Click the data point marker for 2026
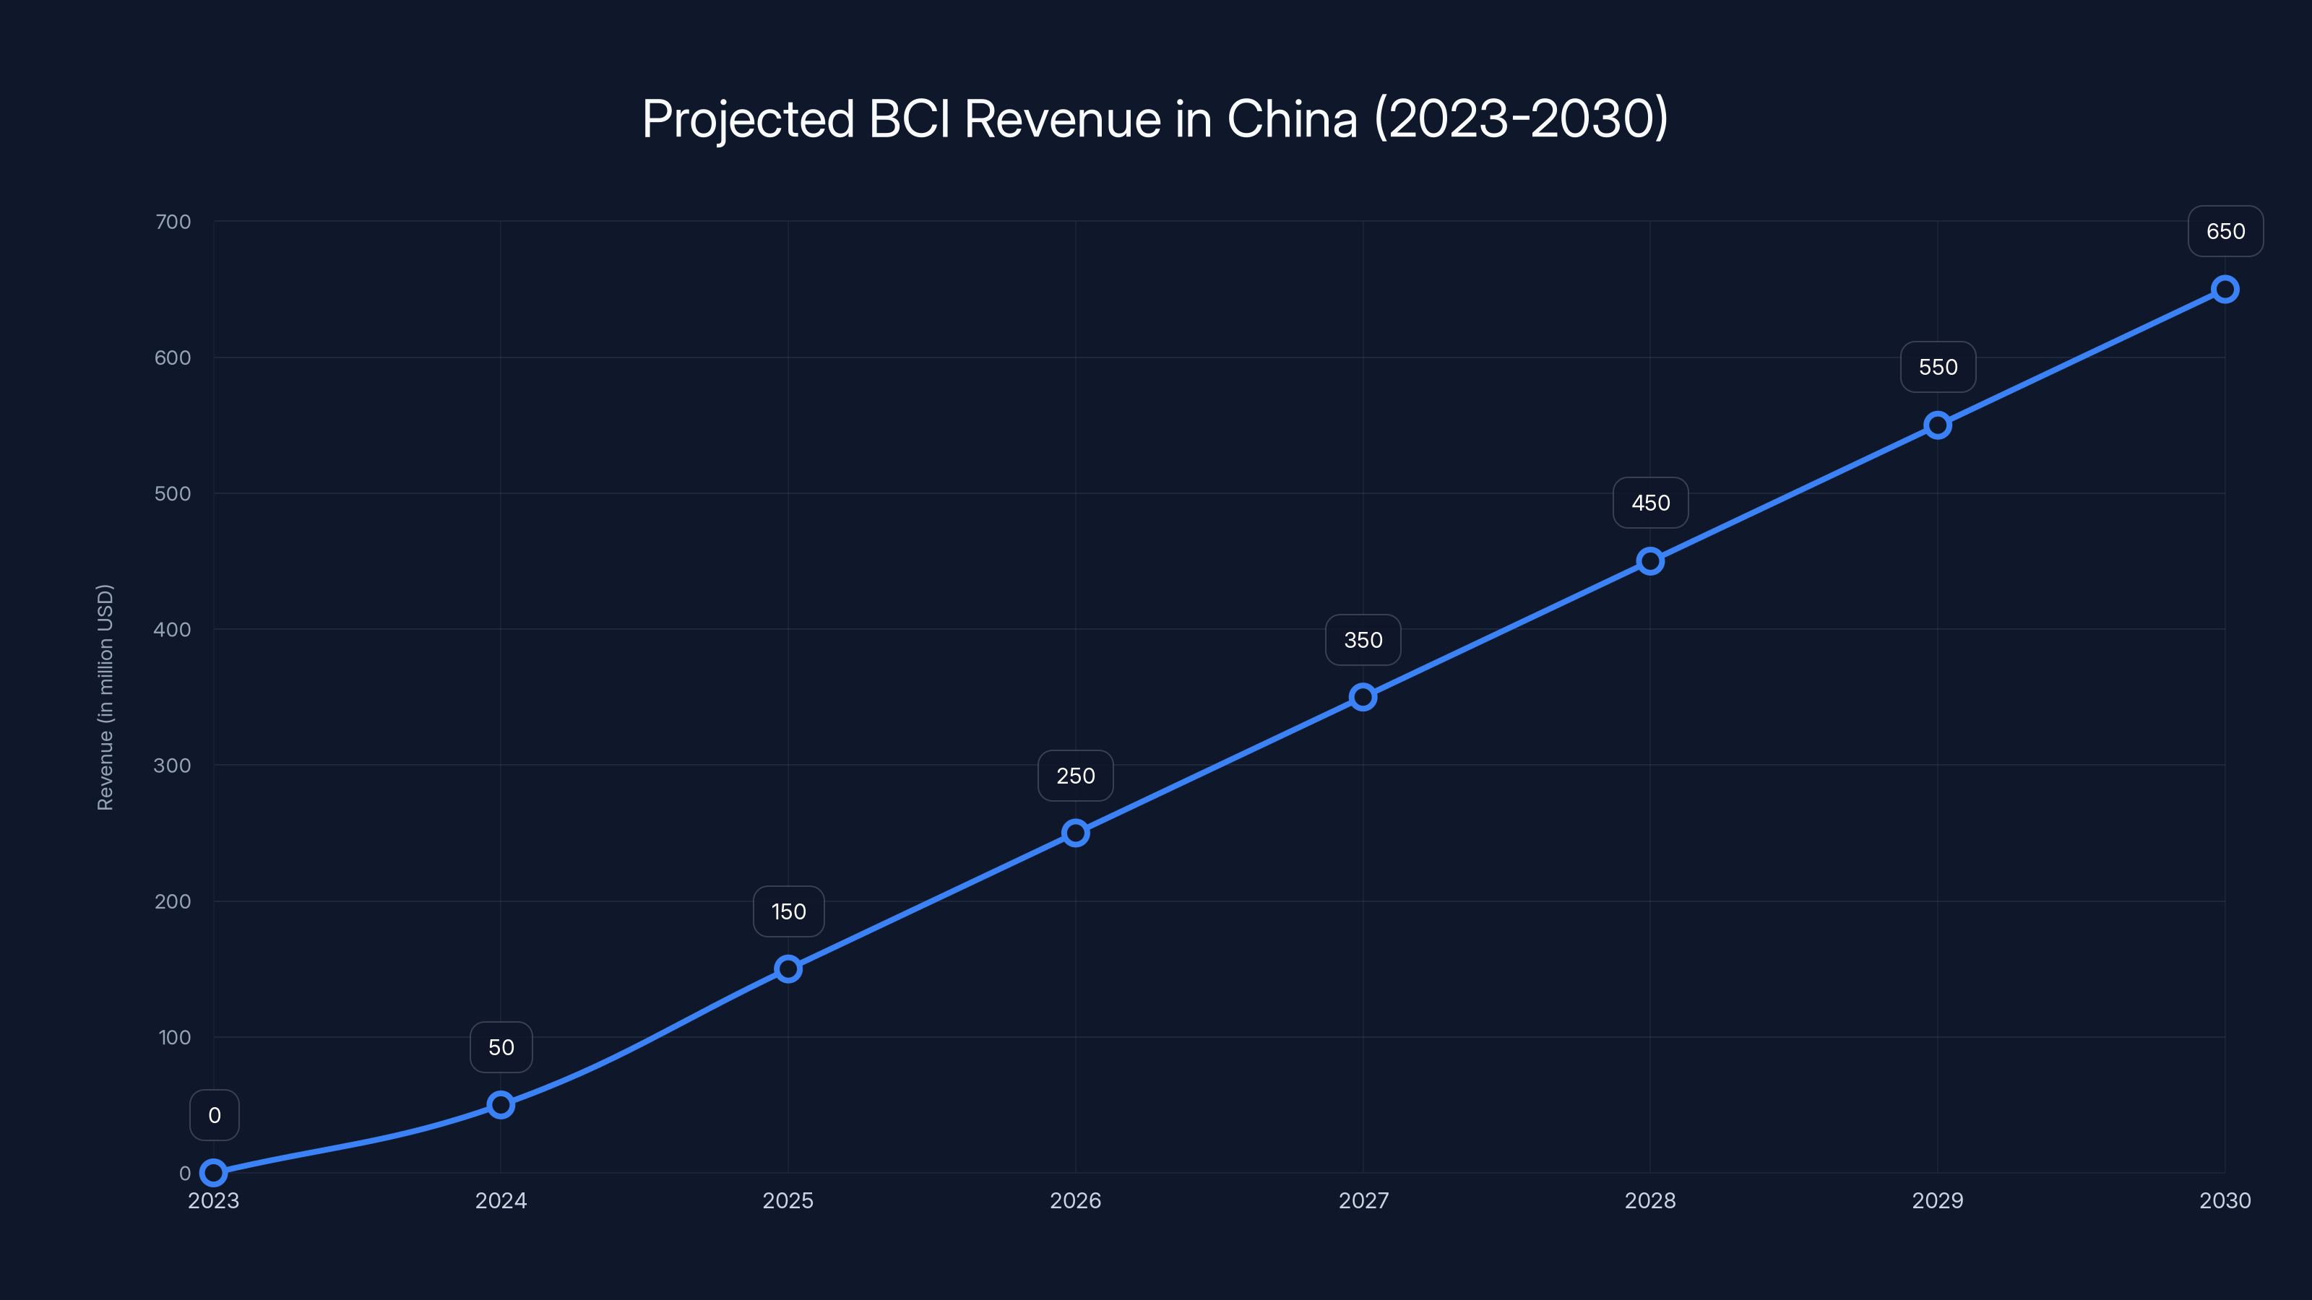click(1075, 833)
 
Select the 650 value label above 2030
click(2225, 231)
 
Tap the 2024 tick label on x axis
click(501, 1200)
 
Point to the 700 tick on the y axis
click(173, 222)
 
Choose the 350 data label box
click(1363, 640)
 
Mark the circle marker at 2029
click(1938, 425)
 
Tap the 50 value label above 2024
click(501, 1047)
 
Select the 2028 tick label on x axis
click(1649, 1200)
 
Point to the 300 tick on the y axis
click(173, 766)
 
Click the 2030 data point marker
click(2225, 289)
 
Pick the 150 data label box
click(788, 911)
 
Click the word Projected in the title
click(748, 118)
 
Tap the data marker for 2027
click(1363, 697)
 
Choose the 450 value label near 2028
click(1649, 503)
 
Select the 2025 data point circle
click(788, 969)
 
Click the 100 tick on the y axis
click(175, 1037)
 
